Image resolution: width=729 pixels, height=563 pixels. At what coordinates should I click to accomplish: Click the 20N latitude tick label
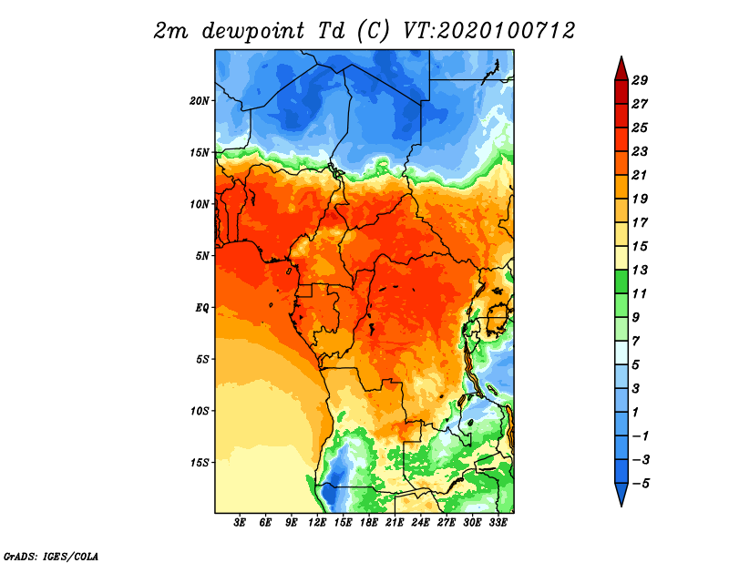tap(200, 100)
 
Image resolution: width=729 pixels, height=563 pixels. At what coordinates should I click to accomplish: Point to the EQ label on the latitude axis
tap(201, 307)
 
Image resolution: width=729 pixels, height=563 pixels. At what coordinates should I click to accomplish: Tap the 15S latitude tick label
tap(200, 462)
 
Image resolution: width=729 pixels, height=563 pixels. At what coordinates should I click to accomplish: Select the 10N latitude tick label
tap(200, 204)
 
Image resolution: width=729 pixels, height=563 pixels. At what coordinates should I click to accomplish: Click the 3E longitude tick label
tap(241, 522)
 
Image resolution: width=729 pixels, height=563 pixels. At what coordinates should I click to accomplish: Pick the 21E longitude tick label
tap(395, 522)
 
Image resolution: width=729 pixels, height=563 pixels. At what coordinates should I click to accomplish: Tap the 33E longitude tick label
tap(498, 522)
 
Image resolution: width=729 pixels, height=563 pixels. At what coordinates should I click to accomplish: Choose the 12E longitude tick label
tap(317, 522)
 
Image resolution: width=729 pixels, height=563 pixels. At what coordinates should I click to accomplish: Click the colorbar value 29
tap(639, 80)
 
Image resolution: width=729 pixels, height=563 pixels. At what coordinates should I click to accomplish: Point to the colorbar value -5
tap(639, 484)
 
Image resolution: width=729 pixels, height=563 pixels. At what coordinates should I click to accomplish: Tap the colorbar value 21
tap(639, 174)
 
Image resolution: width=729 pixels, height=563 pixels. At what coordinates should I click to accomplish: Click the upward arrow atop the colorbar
tap(621, 68)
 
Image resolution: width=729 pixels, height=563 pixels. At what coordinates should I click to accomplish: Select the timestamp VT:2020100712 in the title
tap(488, 30)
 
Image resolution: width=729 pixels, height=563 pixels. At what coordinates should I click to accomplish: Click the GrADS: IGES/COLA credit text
tap(50, 555)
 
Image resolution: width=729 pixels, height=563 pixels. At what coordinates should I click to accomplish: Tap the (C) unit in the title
tap(374, 31)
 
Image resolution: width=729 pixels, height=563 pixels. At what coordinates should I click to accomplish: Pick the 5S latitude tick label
tap(201, 359)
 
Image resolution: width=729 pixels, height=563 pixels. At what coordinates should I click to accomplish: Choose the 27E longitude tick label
tap(447, 522)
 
